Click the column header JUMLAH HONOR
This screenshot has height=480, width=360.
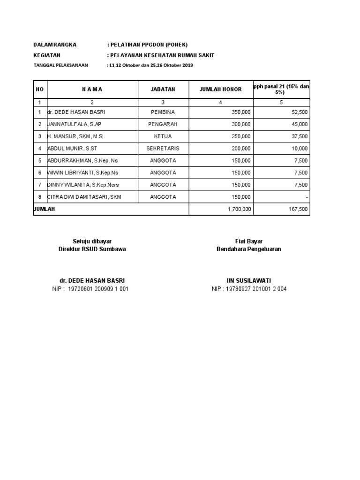point(221,89)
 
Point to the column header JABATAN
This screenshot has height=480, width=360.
point(163,89)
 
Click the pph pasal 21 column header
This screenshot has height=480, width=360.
point(281,89)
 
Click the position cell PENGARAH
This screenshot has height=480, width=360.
point(163,124)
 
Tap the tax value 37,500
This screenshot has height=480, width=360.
point(299,136)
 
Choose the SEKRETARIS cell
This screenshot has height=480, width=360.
point(163,149)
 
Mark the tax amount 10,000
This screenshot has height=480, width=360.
point(299,149)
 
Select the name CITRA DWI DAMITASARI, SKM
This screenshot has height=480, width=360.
point(84,197)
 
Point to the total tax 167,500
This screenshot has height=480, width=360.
point(298,209)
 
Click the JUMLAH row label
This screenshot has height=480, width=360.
point(44,209)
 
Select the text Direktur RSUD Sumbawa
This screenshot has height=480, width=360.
point(92,249)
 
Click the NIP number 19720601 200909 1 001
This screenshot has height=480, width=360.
point(98,289)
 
